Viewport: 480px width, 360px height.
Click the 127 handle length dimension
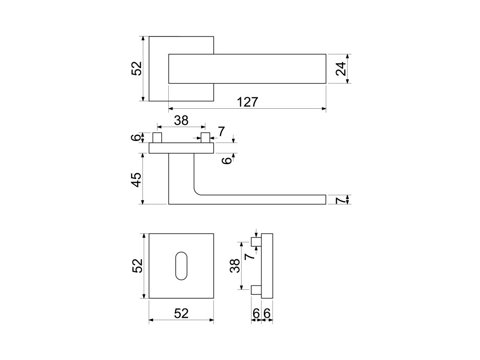(x=247, y=102)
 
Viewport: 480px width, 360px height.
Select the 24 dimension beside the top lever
(x=342, y=69)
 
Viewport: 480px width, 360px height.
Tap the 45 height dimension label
(x=135, y=180)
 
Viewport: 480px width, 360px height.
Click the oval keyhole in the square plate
(x=181, y=266)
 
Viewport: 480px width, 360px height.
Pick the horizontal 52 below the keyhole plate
(x=181, y=314)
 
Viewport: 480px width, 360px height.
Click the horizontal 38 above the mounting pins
(x=181, y=120)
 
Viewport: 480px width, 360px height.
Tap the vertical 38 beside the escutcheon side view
(x=235, y=266)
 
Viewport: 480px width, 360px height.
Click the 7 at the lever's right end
(x=341, y=200)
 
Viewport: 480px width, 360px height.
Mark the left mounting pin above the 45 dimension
(x=157, y=138)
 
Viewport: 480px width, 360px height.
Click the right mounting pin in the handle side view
(x=205, y=138)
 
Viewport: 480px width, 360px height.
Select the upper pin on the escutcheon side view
(x=256, y=242)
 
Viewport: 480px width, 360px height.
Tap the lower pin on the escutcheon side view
(x=256, y=290)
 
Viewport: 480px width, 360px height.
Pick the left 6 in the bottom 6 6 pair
(x=256, y=313)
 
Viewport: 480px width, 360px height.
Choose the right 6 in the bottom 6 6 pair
(x=267, y=313)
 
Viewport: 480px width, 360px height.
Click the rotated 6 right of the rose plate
(x=226, y=160)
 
